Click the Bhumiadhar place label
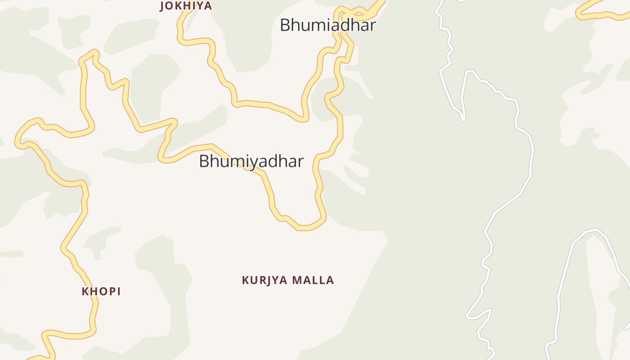point(328,25)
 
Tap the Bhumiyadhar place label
point(251,161)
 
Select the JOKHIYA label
point(186,6)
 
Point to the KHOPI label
point(101,292)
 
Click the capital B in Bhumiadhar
point(285,25)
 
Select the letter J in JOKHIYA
point(162,6)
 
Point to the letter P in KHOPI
point(110,292)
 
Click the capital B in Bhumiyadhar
point(204,161)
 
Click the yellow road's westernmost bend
point(18,142)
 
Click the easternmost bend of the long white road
point(533,151)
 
